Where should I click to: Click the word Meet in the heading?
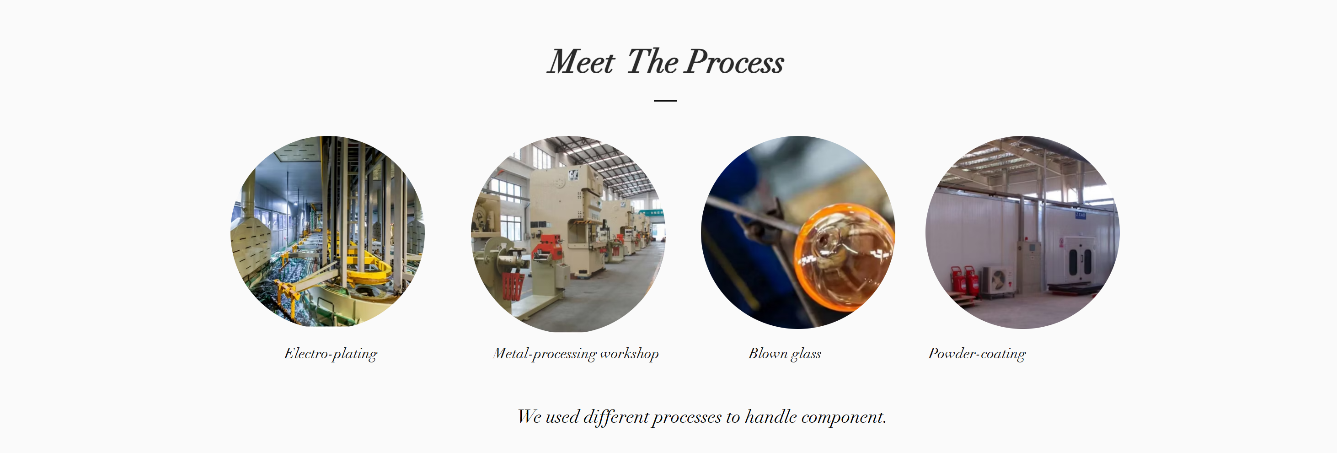(581, 62)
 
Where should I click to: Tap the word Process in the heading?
(734, 62)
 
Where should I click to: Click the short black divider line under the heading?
(665, 100)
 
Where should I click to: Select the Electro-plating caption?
(331, 354)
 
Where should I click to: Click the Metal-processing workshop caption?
(576, 354)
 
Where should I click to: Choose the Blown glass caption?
(784, 354)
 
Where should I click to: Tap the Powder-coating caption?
(977, 354)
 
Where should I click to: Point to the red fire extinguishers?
(964, 280)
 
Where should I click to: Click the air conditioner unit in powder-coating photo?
(999, 280)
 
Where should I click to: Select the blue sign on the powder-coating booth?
(1080, 215)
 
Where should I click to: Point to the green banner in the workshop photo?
(651, 212)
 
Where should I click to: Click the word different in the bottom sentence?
(616, 417)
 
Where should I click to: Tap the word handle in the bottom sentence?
(771, 417)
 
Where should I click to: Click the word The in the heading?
(652, 62)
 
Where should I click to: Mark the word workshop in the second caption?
(630, 354)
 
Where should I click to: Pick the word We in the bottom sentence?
(529, 417)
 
